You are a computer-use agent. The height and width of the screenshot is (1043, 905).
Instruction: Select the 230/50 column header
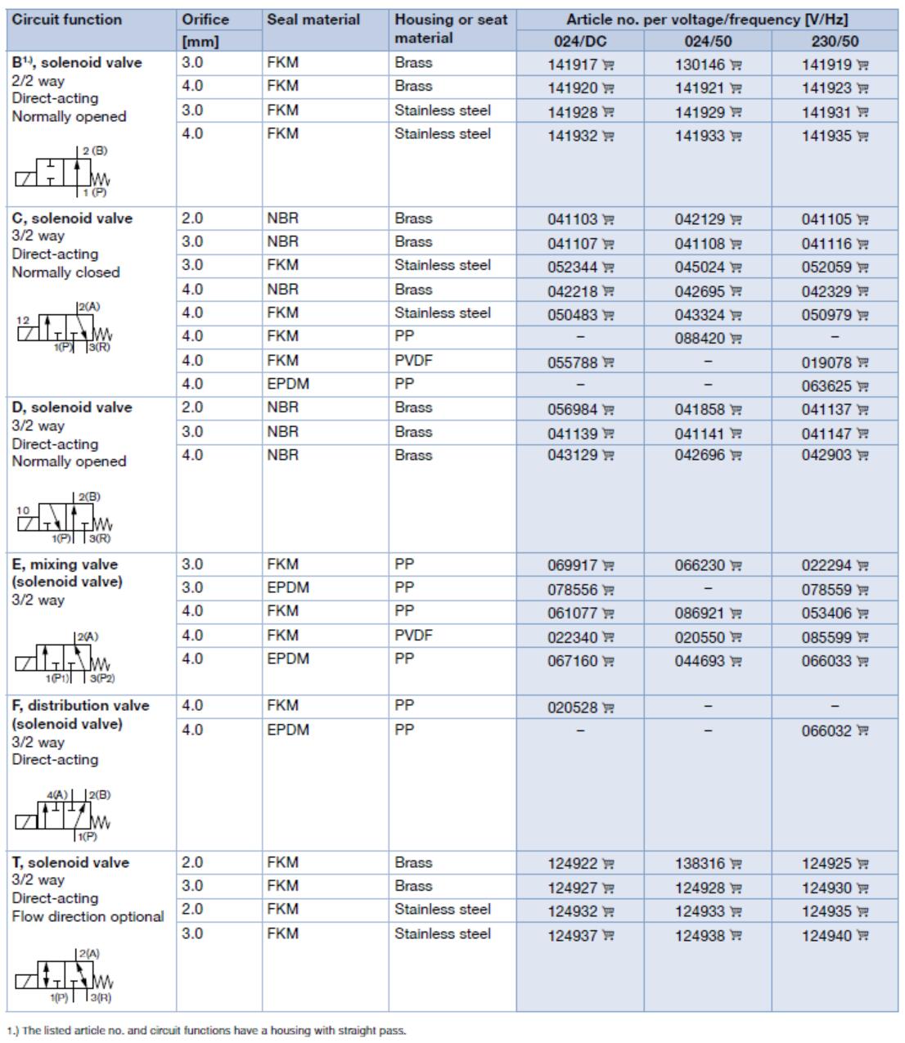(x=835, y=41)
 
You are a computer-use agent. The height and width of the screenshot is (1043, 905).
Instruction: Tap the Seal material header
(x=313, y=20)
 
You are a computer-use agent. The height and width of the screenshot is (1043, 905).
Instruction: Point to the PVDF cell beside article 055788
(x=412, y=360)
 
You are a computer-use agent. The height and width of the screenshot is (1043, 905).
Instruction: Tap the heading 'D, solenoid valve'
(x=72, y=407)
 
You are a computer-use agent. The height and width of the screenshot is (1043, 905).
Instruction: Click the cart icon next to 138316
(x=736, y=865)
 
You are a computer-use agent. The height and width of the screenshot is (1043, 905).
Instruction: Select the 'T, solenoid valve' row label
(x=70, y=862)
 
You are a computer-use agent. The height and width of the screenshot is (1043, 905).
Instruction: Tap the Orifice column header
(x=205, y=20)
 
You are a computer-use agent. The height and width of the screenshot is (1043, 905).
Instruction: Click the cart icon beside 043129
(x=609, y=456)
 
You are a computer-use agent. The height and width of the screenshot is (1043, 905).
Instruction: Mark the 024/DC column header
(x=580, y=41)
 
